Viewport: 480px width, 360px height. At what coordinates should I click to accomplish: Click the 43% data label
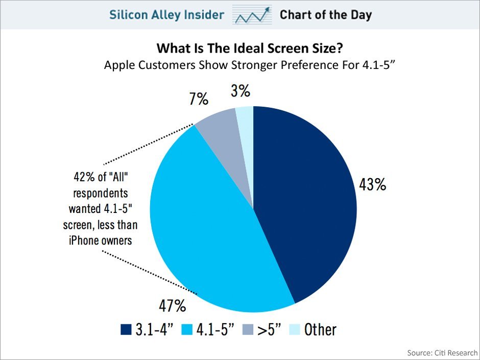tap(372, 185)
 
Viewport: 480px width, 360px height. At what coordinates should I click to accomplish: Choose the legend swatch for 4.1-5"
tap(189, 329)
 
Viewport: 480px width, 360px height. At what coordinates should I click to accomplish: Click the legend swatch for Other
tap(295, 329)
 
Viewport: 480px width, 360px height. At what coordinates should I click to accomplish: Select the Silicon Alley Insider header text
tap(166, 15)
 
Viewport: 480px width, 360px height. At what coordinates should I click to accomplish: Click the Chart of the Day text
tap(325, 15)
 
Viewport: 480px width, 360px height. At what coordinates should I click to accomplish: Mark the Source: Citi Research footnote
tap(442, 353)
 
